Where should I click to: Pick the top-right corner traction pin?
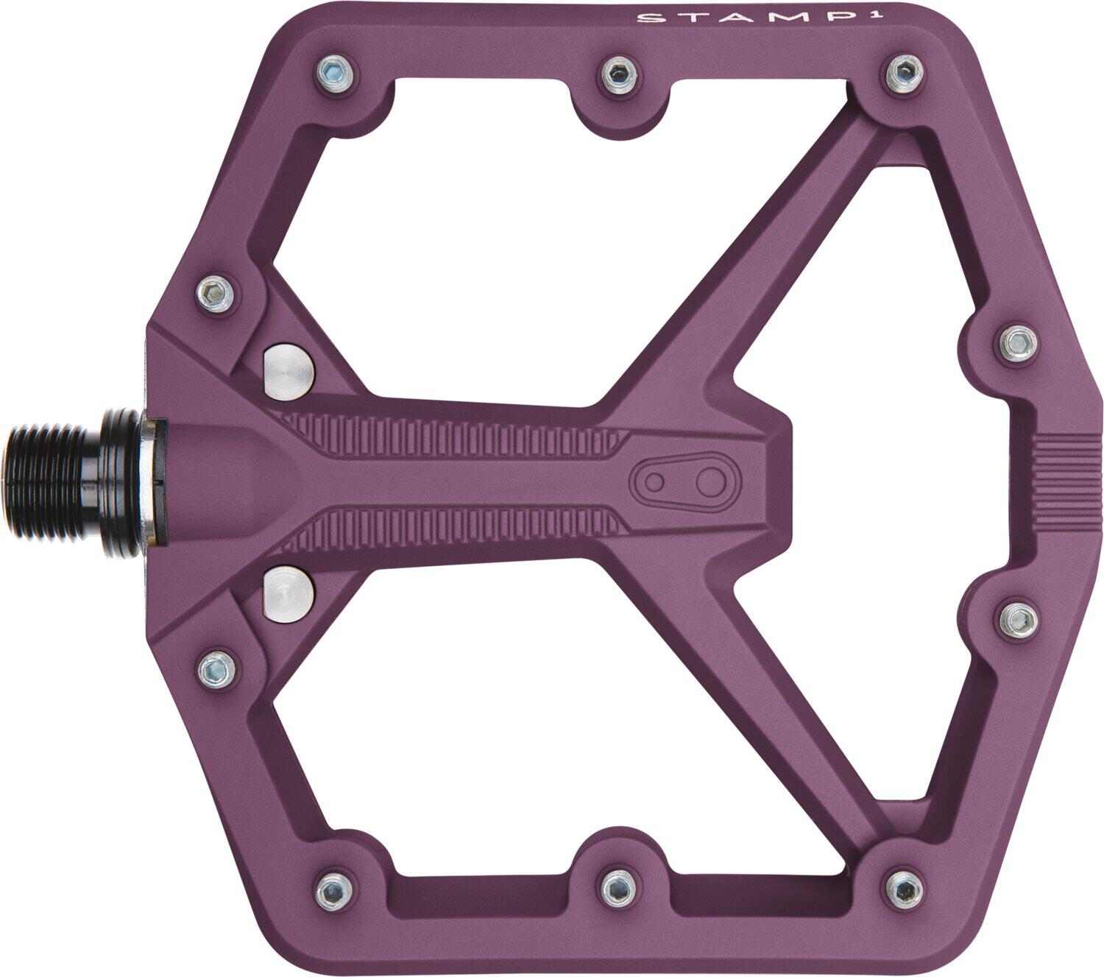point(902,71)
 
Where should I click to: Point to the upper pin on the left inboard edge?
point(216,292)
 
